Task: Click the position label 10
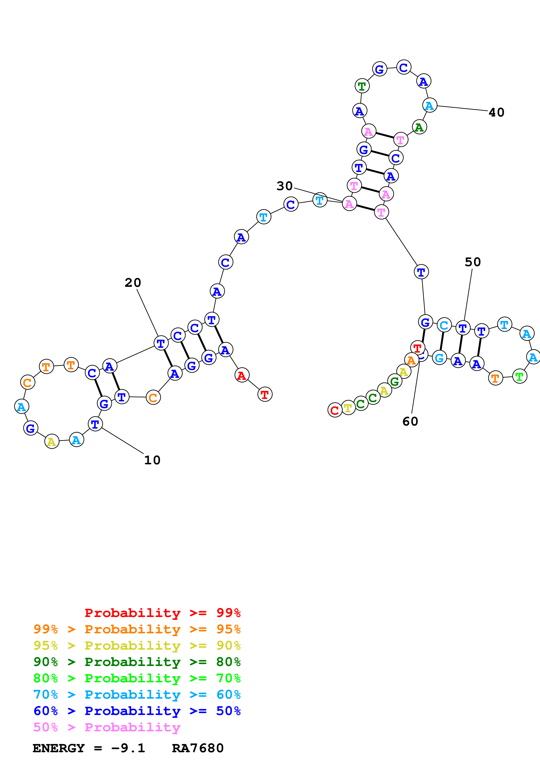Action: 152,460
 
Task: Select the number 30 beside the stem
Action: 284,186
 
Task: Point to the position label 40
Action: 496,112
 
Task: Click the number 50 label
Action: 472,262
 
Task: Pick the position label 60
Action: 410,422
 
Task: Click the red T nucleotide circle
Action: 265,394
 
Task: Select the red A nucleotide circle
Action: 242,375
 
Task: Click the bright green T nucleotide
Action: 519,376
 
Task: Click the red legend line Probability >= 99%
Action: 162,613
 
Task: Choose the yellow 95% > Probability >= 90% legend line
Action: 137,646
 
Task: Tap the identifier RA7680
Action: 198,748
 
